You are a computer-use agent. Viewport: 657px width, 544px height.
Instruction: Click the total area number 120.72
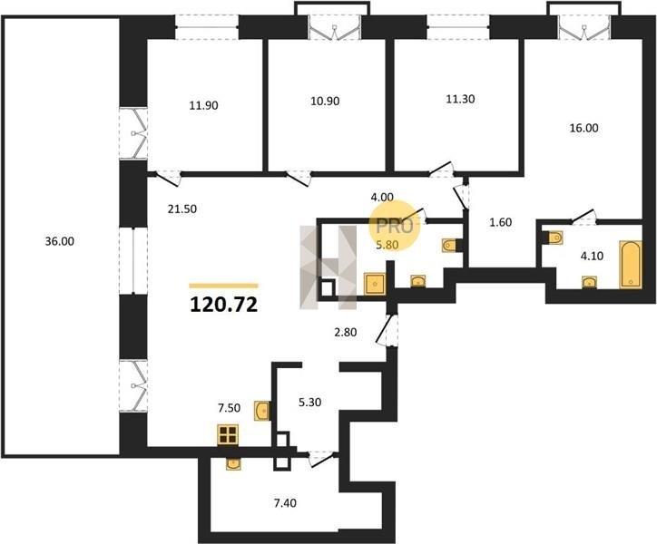coord(224,305)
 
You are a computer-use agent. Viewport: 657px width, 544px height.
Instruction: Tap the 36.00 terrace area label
coord(60,241)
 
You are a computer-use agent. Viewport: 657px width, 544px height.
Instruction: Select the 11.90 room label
coord(203,105)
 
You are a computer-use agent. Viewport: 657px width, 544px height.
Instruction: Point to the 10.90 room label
coord(325,101)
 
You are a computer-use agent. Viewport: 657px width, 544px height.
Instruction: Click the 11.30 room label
coord(460,99)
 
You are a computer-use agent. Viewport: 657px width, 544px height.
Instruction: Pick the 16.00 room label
coord(583,128)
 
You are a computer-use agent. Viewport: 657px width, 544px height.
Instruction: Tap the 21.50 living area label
coord(182,209)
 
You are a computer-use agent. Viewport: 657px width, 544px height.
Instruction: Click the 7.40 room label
coord(285,503)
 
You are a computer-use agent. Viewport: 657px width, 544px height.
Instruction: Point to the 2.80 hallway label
coord(345,333)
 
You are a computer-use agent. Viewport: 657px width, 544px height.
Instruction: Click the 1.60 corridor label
coord(501,222)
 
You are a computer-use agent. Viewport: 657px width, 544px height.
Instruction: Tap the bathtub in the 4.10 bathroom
coord(631,265)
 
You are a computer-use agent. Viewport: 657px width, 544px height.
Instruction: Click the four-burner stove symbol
coord(228,434)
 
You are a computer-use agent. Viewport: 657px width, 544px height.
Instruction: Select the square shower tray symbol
coord(375,284)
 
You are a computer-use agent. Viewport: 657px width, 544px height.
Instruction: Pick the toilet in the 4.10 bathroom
coord(554,238)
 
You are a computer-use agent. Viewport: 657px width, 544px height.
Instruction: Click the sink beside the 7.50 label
coord(262,410)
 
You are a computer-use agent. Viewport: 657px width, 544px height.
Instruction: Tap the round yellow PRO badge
coord(394,226)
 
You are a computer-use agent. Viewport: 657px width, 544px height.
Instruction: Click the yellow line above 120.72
coord(224,286)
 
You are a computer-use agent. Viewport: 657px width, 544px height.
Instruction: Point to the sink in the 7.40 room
coord(233,464)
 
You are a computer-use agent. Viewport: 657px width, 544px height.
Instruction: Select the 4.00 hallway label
coord(382,197)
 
